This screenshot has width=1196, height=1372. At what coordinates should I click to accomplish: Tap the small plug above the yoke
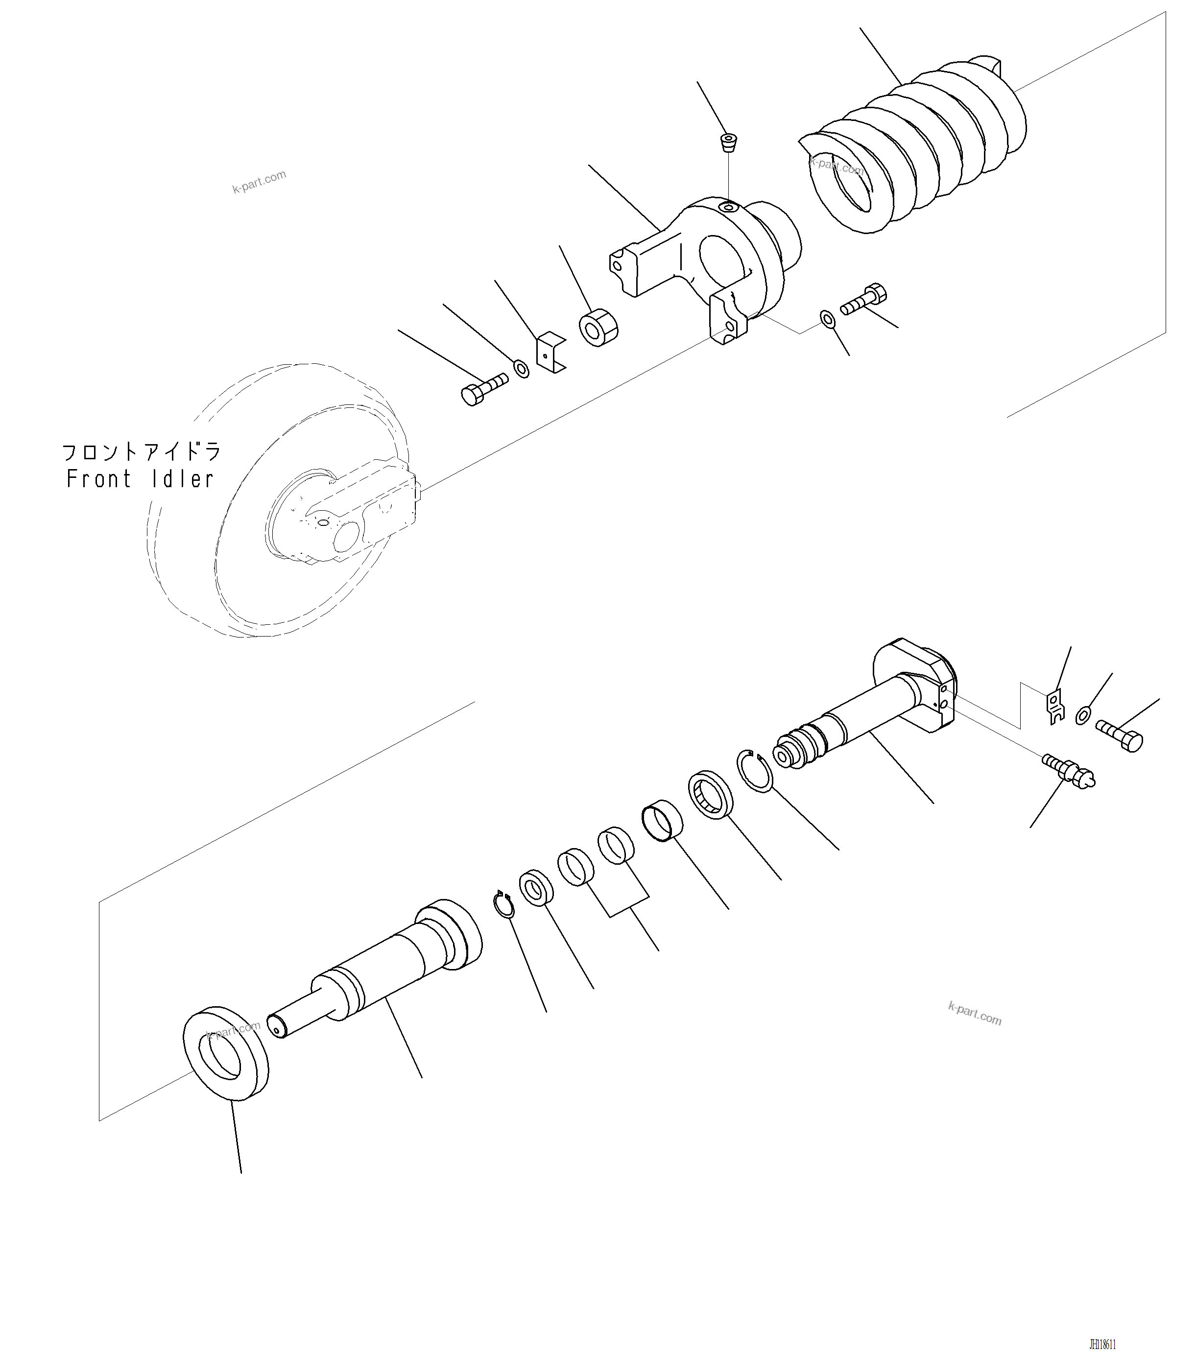(729, 142)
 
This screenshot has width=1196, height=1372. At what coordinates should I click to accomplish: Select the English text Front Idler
(140, 479)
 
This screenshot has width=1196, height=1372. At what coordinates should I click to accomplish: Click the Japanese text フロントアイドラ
(142, 452)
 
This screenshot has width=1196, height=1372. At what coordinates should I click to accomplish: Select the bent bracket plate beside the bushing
(550, 351)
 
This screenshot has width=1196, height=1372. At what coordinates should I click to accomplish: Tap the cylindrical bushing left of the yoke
(598, 327)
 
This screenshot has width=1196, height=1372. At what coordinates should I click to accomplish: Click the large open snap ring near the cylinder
(755, 771)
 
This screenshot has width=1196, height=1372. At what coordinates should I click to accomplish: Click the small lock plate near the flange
(1054, 707)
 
